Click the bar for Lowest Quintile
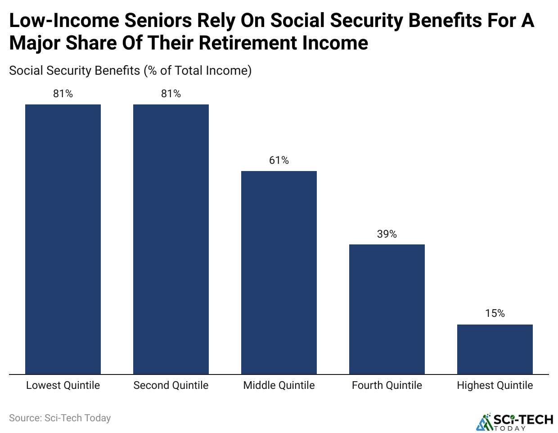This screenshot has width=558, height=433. [63, 239]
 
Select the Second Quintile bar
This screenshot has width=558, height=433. [171, 239]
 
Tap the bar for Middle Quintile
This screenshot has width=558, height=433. [279, 272]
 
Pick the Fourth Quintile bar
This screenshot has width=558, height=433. [387, 309]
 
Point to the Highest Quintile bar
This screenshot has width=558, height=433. [495, 349]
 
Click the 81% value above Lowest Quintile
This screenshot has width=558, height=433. [63, 94]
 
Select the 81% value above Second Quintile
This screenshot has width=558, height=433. [171, 94]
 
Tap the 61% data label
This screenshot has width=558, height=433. [279, 160]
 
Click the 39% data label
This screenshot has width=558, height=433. [387, 234]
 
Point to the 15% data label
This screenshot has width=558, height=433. [495, 313]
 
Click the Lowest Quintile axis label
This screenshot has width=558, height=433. [63, 385]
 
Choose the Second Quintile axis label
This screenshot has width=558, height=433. [171, 385]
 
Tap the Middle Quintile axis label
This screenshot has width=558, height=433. [279, 385]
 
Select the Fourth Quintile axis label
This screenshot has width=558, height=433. [387, 385]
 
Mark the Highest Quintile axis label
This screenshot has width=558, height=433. [495, 385]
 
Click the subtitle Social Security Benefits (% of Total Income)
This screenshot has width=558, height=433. [130, 71]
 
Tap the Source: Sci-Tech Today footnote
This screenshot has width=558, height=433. [60, 418]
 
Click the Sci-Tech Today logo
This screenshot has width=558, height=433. [515, 422]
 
